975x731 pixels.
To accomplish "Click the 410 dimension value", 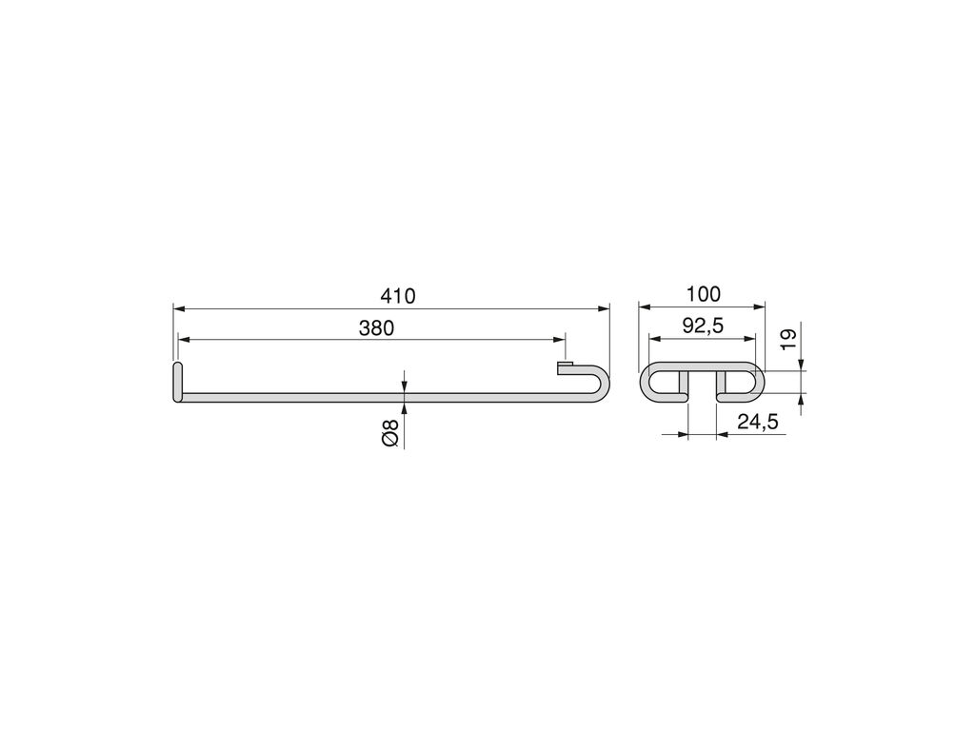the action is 397,296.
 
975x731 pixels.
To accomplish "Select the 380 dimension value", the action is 376,327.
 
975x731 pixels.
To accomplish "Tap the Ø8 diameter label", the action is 389,433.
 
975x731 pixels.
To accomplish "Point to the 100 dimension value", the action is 704,294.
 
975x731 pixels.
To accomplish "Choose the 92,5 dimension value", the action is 703,326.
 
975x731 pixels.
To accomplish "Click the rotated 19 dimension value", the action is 787,340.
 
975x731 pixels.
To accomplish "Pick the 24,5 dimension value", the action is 757,422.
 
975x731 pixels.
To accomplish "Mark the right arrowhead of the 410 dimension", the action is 603,307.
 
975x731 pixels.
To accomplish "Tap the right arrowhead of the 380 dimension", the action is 559,340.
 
